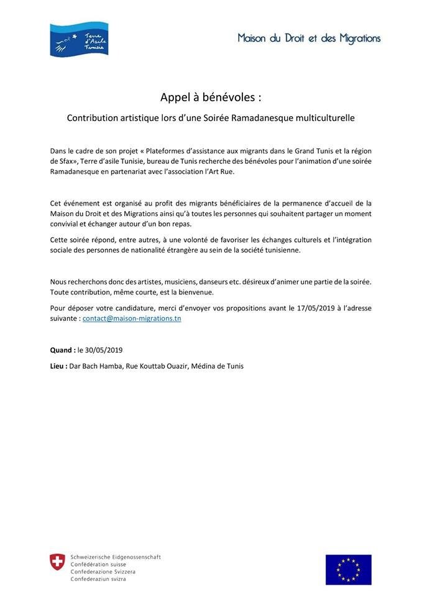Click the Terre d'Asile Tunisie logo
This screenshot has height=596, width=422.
79,38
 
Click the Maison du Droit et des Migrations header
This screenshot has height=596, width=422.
309,38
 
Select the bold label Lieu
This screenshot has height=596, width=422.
58,366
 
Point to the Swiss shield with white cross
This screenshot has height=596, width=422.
58,562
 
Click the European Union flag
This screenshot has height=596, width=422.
348,570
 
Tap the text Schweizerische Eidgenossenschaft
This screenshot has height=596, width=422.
116,557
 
